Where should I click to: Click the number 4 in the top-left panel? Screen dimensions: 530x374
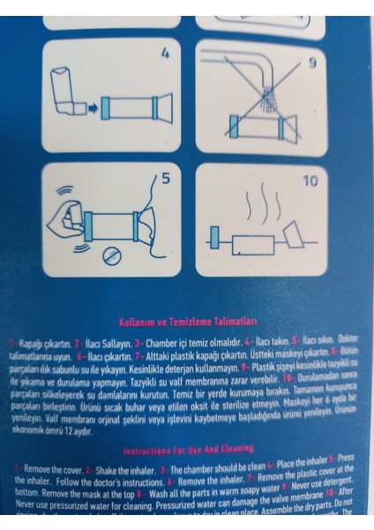pos(164,53)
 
